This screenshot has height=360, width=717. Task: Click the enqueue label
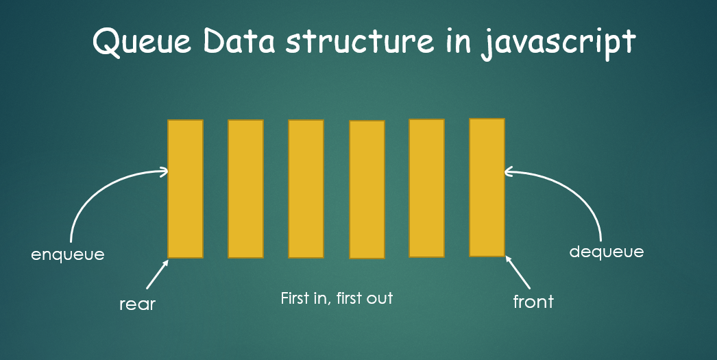click(68, 254)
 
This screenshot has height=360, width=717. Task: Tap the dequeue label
click(607, 252)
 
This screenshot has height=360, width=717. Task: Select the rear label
click(138, 303)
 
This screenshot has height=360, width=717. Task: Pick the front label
click(533, 301)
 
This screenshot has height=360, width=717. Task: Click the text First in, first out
click(337, 298)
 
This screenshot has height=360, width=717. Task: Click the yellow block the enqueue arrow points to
click(186, 189)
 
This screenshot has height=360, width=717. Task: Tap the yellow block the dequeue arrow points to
click(487, 187)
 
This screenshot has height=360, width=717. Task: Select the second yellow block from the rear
click(245, 189)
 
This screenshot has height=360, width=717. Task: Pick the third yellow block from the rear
click(306, 189)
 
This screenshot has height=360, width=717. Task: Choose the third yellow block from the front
click(367, 189)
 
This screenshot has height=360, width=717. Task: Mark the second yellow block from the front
click(426, 188)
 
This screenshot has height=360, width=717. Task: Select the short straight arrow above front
click(518, 272)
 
